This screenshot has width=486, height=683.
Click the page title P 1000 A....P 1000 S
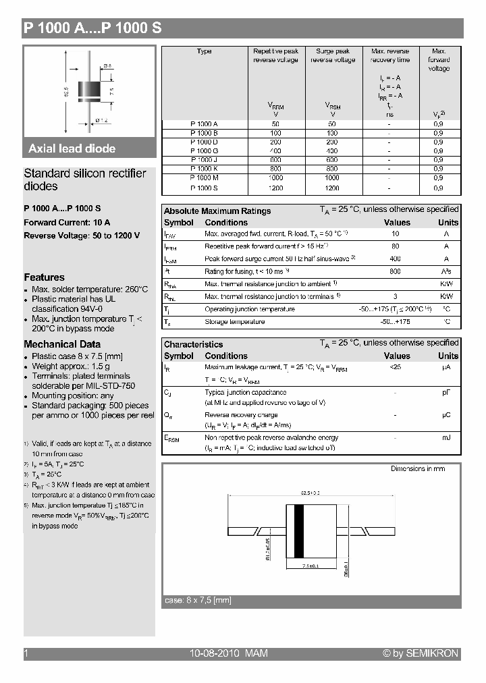92,28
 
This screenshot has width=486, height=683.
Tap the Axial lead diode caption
72,148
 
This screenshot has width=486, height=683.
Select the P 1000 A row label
204,124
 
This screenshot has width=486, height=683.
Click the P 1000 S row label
204,188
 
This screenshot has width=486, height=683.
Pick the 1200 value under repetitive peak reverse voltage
275,188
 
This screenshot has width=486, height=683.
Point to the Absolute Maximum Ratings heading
217,211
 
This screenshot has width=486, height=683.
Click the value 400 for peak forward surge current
396,258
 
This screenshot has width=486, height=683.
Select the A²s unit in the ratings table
447,271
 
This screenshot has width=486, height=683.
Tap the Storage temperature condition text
234,322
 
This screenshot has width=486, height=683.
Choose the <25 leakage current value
396,367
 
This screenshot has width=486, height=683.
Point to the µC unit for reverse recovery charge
447,415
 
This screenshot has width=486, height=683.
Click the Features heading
45,277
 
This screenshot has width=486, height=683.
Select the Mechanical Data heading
59,344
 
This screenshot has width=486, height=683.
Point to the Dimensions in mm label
418,468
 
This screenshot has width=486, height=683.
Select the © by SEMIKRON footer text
421,653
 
